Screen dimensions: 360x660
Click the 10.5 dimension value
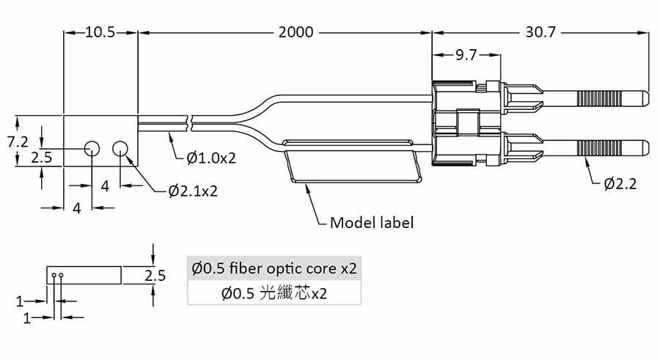[x=100, y=32]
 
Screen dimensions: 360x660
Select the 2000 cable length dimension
[x=296, y=32]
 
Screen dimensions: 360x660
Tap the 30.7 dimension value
[x=540, y=32]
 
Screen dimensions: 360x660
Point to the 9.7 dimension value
[x=466, y=55]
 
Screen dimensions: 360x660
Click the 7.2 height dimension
[x=18, y=142]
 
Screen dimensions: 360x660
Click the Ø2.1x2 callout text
[x=193, y=191]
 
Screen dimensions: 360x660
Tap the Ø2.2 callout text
[x=620, y=183]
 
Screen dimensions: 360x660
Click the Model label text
[x=372, y=222]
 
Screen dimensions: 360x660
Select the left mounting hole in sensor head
[x=92, y=149]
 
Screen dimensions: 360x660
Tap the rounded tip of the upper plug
[x=643, y=96]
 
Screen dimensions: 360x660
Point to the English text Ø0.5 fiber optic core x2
[x=275, y=268]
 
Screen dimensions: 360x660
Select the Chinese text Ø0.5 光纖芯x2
[x=274, y=294]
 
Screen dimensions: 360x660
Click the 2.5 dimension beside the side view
[x=155, y=276]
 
